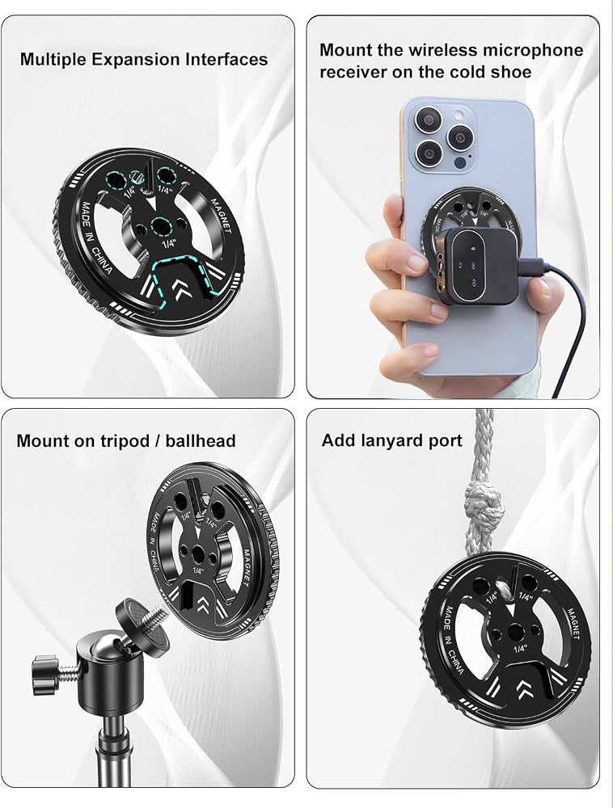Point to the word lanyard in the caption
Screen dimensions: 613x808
click(391, 440)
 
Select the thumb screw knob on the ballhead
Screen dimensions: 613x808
click(44, 674)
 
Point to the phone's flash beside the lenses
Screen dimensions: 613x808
click(459, 113)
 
